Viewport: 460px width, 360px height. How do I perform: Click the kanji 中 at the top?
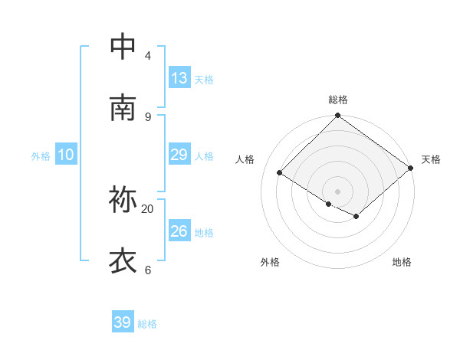(123, 47)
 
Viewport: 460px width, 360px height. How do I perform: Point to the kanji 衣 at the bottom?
(123, 261)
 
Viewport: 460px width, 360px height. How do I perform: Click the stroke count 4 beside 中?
(147, 56)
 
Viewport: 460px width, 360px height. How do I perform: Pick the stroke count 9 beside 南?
(147, 116)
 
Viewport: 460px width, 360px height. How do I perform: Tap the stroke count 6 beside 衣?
(147, 270)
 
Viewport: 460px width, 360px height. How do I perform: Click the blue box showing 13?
(179, 78)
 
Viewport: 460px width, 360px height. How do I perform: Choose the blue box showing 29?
(179, 155)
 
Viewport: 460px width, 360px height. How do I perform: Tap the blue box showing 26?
(179, 231)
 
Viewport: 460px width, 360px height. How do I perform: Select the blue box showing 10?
(66, 155)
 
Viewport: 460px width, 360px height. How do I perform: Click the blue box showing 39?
(123, 322)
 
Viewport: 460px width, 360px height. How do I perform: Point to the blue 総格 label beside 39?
(147, 324)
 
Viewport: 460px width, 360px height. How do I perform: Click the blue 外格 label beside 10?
(41, 156)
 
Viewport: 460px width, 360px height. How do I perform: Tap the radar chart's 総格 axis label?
(338, 100)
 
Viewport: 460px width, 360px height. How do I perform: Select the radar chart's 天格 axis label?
(431, 159)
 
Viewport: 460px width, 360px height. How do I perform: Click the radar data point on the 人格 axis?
(280, 173)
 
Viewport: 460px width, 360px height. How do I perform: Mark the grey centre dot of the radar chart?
(338, 191)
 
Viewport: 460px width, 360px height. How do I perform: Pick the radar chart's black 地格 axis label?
(402, 263)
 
